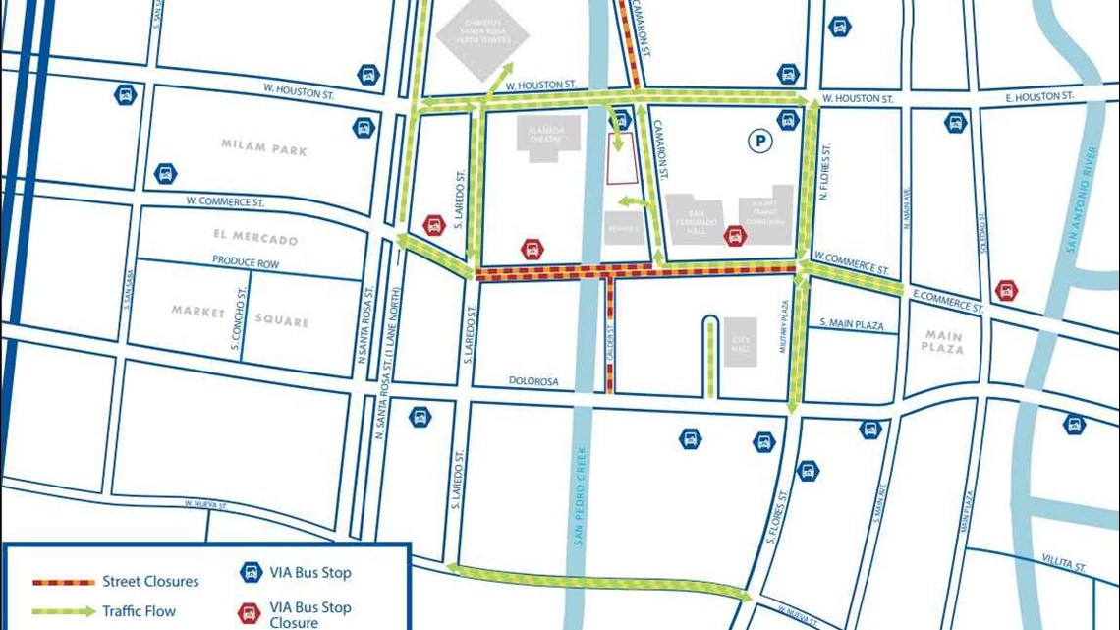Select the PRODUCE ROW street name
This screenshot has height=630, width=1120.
pyautogui.click(x=246, y=263)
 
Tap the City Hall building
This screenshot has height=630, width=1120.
pyautogui.click(x=741, y=342)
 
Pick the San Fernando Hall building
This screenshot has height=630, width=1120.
pyautogui.click(x=697, y=219)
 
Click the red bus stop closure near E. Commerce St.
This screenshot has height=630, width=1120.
pyautogui.click(x=1005, y=291)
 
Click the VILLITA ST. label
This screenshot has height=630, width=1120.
pyautogui.click(x=1064, y=567)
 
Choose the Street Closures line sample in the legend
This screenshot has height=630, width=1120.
pyautogui.click(x=64, y=582)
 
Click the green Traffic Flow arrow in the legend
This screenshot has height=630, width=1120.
pyautogui.click(x=64, y=612)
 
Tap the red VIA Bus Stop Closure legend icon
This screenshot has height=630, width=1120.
pyautogui.click(x=250, y=613)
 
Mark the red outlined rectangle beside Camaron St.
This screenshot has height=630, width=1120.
pyautogui.click(x=621, y=159)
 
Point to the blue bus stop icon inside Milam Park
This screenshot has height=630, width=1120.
pyautogui.click(x=165, y=175)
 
